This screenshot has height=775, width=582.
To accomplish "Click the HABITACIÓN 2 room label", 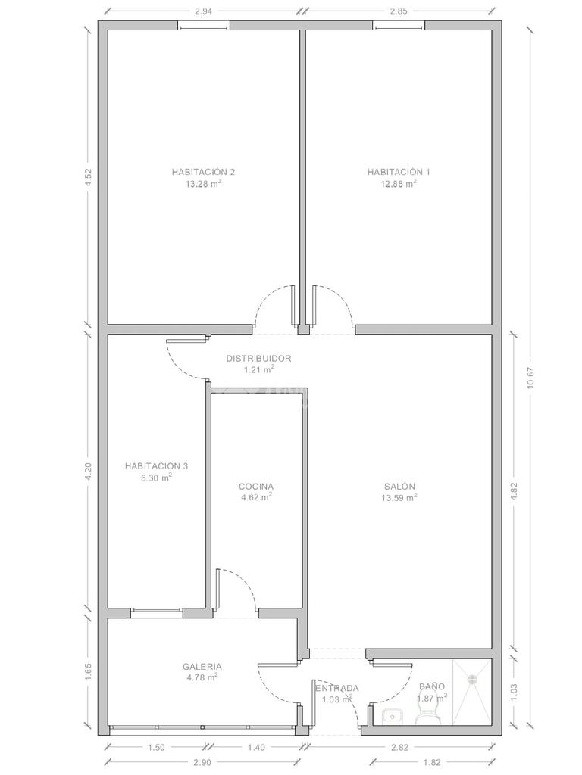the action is tap(203, 172).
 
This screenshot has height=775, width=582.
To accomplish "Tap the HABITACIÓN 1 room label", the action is tap(399, 172).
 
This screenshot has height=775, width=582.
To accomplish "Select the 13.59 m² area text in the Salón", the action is tap(399, 498).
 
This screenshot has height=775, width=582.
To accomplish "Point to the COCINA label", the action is tap(256, 487).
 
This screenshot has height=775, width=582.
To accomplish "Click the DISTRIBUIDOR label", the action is tap(259, 358).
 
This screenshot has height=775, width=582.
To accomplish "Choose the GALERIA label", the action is tap(202, 666).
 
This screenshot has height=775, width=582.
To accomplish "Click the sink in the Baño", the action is tap(392, 716).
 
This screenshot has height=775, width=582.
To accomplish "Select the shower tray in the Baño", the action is tap(472, 692).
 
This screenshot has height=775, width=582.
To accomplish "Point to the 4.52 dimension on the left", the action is tap(89, 177).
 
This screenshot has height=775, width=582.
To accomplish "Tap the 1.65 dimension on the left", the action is tap(89, 672).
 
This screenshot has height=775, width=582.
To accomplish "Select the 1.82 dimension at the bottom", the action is tap(432, 762).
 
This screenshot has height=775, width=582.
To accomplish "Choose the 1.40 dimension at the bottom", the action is tap(256, 747).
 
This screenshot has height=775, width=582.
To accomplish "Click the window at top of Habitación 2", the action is tap(203, 26).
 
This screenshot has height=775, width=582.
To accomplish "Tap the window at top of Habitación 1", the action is tap(399, 26).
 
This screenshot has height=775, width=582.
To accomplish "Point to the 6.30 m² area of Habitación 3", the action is tap(156, 478).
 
